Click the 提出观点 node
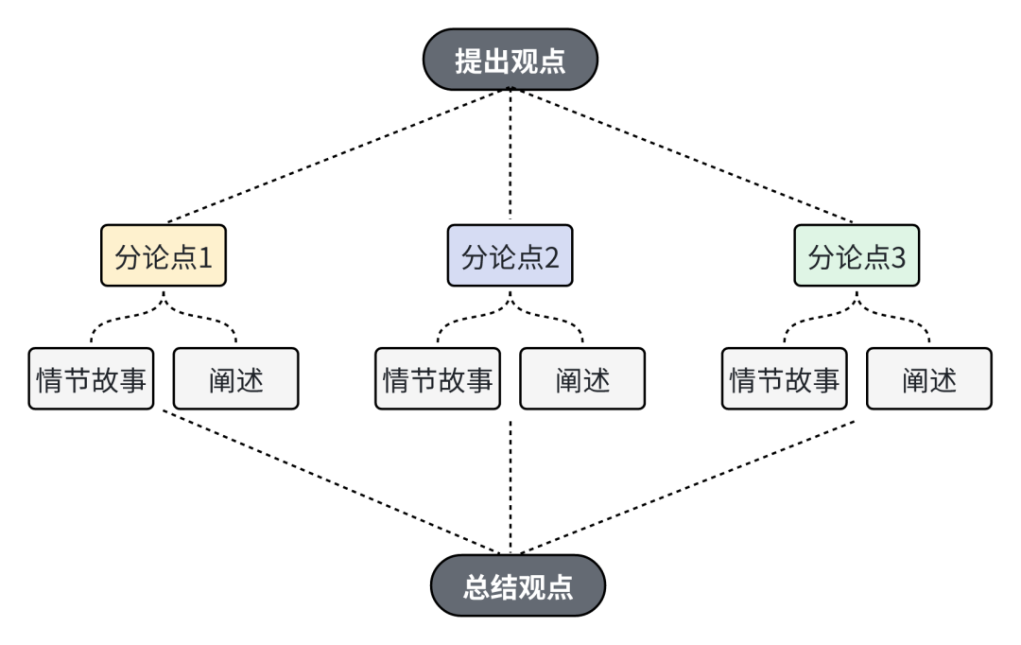click(x=510, y=59)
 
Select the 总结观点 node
click(x=518, y=585)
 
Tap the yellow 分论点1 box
click(x=164, y=256)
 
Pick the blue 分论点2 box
click(x=510, y=256)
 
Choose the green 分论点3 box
click(x=857, y=256)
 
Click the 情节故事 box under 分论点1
click(x=91, y=379)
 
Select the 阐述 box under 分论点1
click(x=236, y=379)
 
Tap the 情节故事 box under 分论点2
click(x=438, y=379)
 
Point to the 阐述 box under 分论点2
click(x=582, y=379)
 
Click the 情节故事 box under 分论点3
click(x=784, y=379)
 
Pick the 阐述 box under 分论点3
click(x=929, y=379)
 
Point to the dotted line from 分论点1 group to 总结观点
click(x=331, y=481)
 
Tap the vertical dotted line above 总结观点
click(x=510, y=487)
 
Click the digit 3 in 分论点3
click(x=898, y=257)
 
